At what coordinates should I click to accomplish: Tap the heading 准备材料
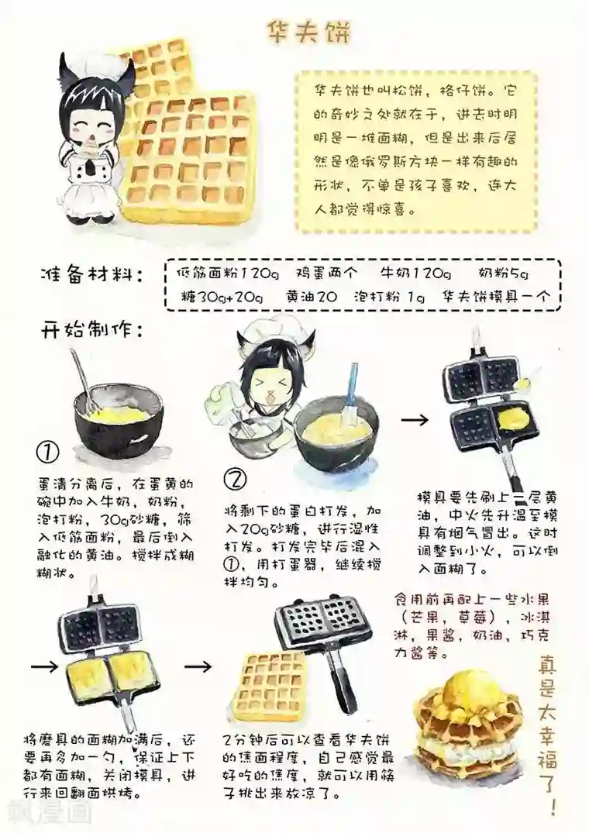tap(91, 274)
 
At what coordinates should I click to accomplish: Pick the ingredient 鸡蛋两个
tap(328, 274)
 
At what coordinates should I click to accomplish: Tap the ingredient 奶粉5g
tap(503, 274)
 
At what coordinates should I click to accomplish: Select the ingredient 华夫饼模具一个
tap(495, 297)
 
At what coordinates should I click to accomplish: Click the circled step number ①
tap(49, 453)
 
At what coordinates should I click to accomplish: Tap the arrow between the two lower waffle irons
tap(200, 665)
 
